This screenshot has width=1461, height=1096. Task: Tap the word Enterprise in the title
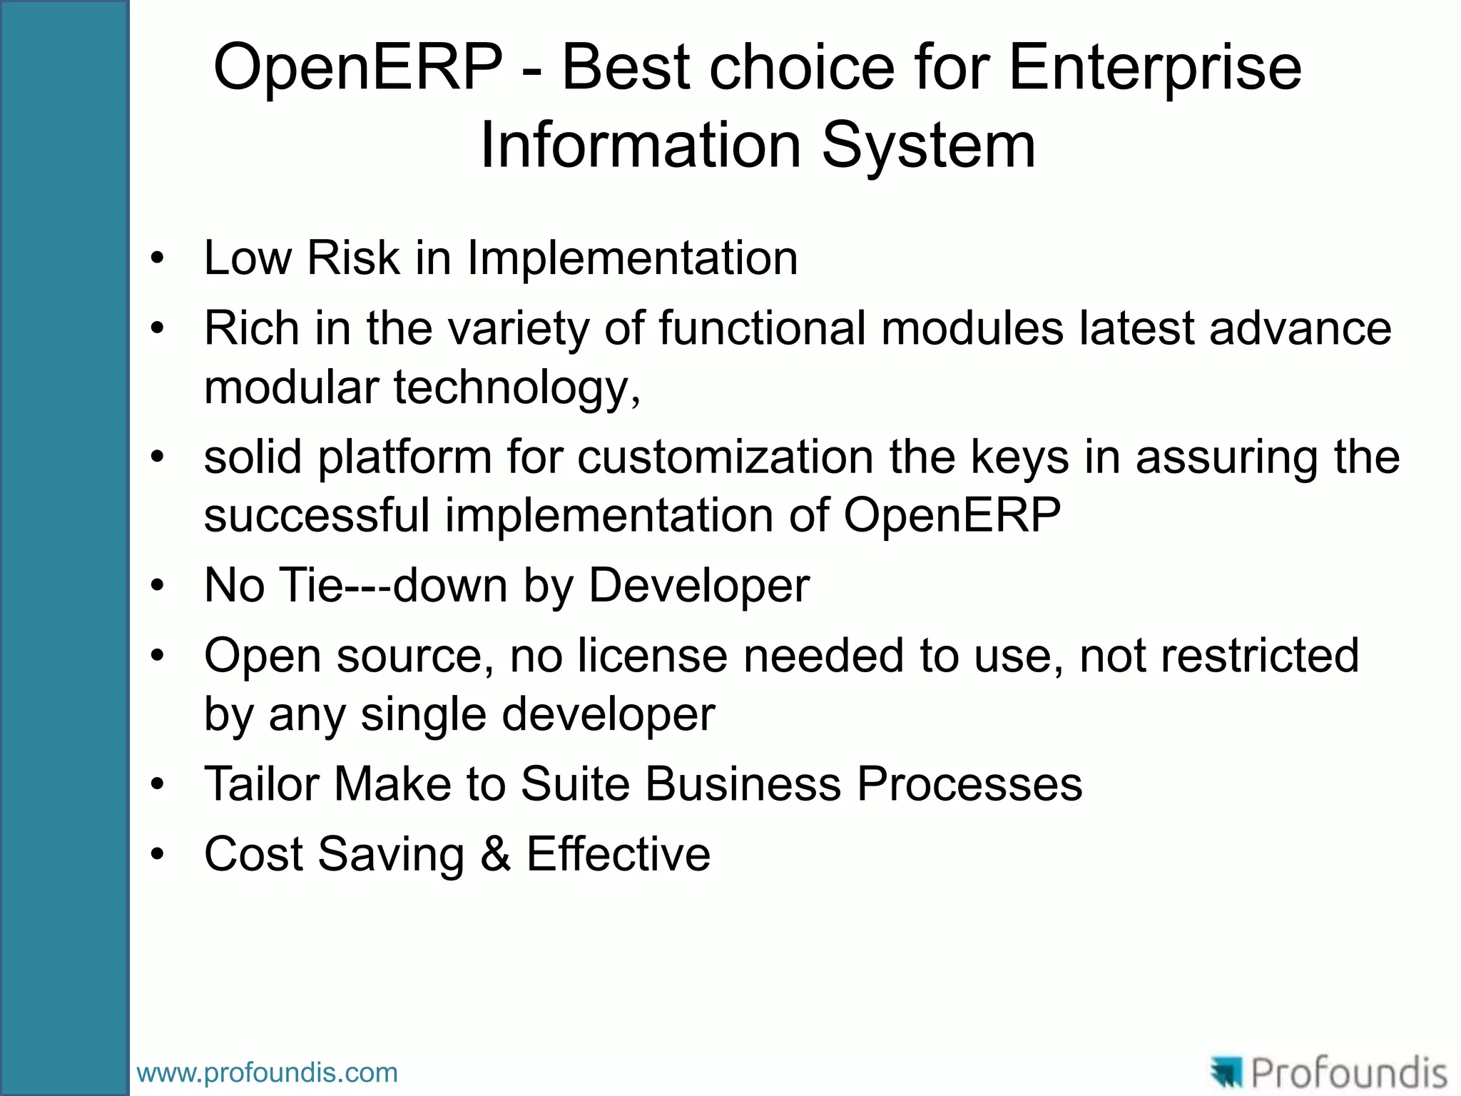tap(1155, 68)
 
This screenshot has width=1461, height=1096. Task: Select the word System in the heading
tap(929, 146)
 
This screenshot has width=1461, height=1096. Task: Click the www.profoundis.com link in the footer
tap(267, 1072)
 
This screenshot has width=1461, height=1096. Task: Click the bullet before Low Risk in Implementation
tap(158, 258)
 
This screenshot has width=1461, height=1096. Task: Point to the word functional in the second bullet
tap(761, 328)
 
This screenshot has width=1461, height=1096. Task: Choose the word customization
tap(725, 457)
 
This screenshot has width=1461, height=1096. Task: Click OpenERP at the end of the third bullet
tap(952, 515)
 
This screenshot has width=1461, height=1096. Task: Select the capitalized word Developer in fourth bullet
tap(698, 586)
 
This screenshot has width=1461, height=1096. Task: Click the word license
tap(652, 656)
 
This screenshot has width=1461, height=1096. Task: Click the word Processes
tap(969, 784)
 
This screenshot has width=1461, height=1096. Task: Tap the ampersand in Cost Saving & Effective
tap(495, 854)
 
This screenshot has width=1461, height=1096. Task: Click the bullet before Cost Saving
tap(158, 855)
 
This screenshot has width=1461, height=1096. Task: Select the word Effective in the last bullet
tap(618, 854)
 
